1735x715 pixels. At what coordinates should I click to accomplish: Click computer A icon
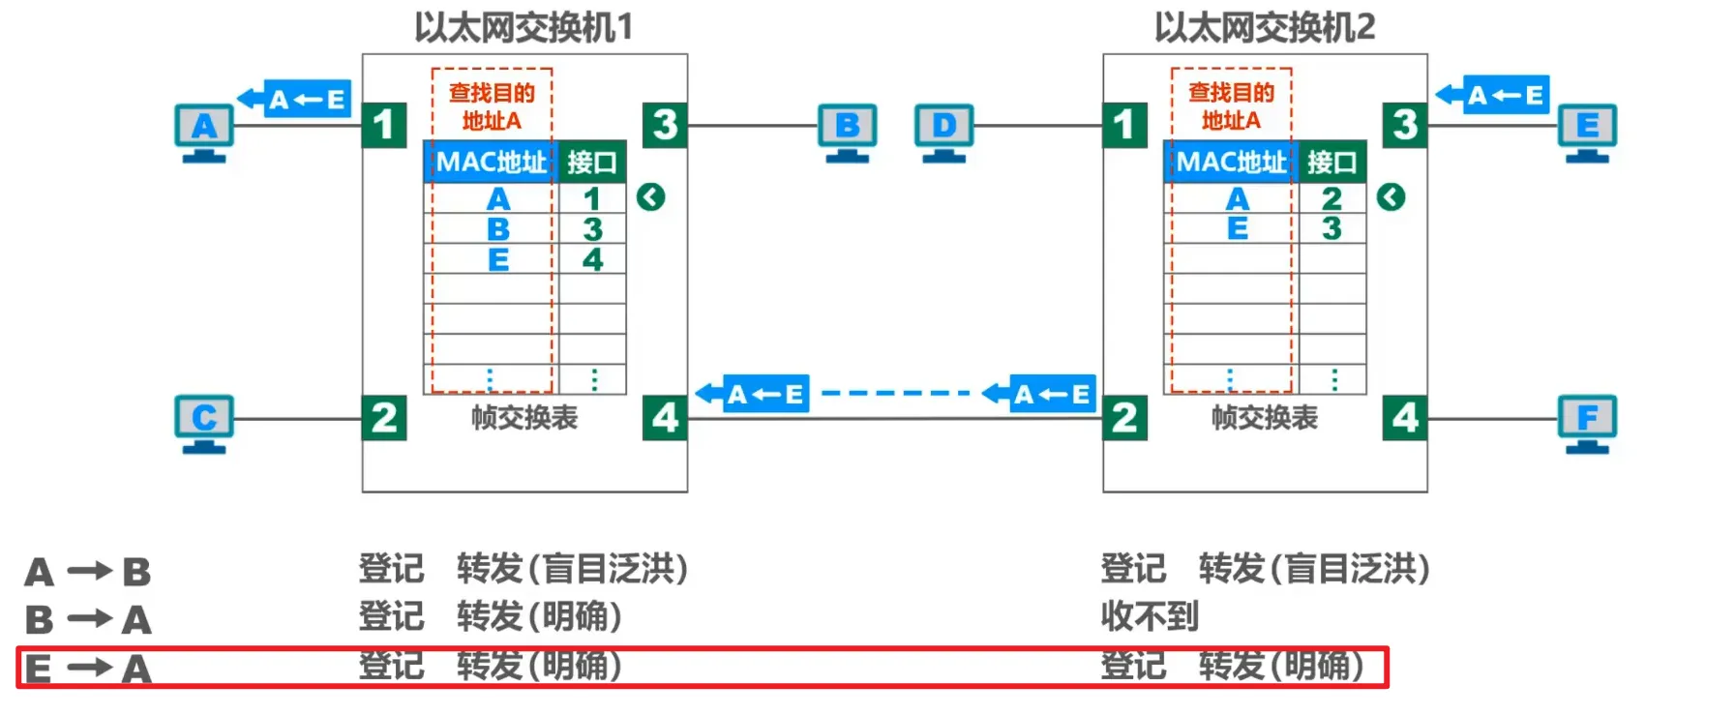click(x=203, y=132)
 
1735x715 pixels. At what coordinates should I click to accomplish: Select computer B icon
click(x=847, y=132)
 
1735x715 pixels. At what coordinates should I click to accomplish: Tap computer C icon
click(x=203, y=423)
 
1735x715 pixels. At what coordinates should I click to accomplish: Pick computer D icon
click(x=943, y=132)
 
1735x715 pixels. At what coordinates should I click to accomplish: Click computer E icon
click(x=1587, y=132)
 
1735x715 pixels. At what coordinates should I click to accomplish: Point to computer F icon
click(x=1587, y=423)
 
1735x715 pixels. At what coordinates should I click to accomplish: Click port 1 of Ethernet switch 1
click(x=384, y=125)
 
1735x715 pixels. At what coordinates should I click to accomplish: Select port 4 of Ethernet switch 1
click(x=665, y=418)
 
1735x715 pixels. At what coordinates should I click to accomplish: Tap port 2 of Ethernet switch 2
click(x=1124, y=418)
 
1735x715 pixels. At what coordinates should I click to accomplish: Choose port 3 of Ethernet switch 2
click(x=1405, y=125)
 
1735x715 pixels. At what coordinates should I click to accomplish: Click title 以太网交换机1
click(x=523, y=27)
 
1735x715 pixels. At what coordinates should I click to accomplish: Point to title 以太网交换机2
click(x=1264, y=27)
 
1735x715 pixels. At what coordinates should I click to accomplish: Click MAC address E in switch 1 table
click(x=498, y=259)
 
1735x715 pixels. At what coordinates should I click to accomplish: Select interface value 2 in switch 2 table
click(x=1331, y=198)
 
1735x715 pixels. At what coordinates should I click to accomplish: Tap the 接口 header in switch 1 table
click(x=591, y=163)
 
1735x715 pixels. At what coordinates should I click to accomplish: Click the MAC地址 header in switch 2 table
click(x=1231, y=163)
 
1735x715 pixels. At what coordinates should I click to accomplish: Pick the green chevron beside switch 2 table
click(x=1391, y=197)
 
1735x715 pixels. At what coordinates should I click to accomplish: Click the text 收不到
click(x=1150, y=616)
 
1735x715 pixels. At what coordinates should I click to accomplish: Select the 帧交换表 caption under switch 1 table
click(x=523, y=418)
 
